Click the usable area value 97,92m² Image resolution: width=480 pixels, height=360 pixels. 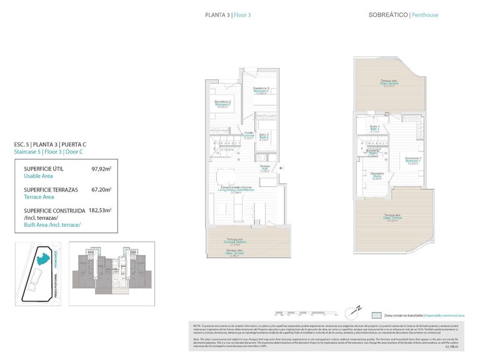pyautogui.click(x=101, y=169)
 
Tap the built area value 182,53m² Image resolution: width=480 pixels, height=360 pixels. pyautogui.click(x=100, y=211)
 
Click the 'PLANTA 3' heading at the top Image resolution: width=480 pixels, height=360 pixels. pyautogui.click(x=216, y=14)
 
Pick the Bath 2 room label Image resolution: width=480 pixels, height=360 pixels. pyautogui.click(x=264, y=137)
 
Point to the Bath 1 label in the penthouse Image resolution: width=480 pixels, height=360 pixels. pyautogui.click(x=375, y=129)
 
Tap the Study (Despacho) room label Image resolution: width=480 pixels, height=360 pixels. pyautogui.click(x=377, y=175)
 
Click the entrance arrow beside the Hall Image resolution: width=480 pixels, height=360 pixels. pyautogui.click(x=282, y=167)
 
